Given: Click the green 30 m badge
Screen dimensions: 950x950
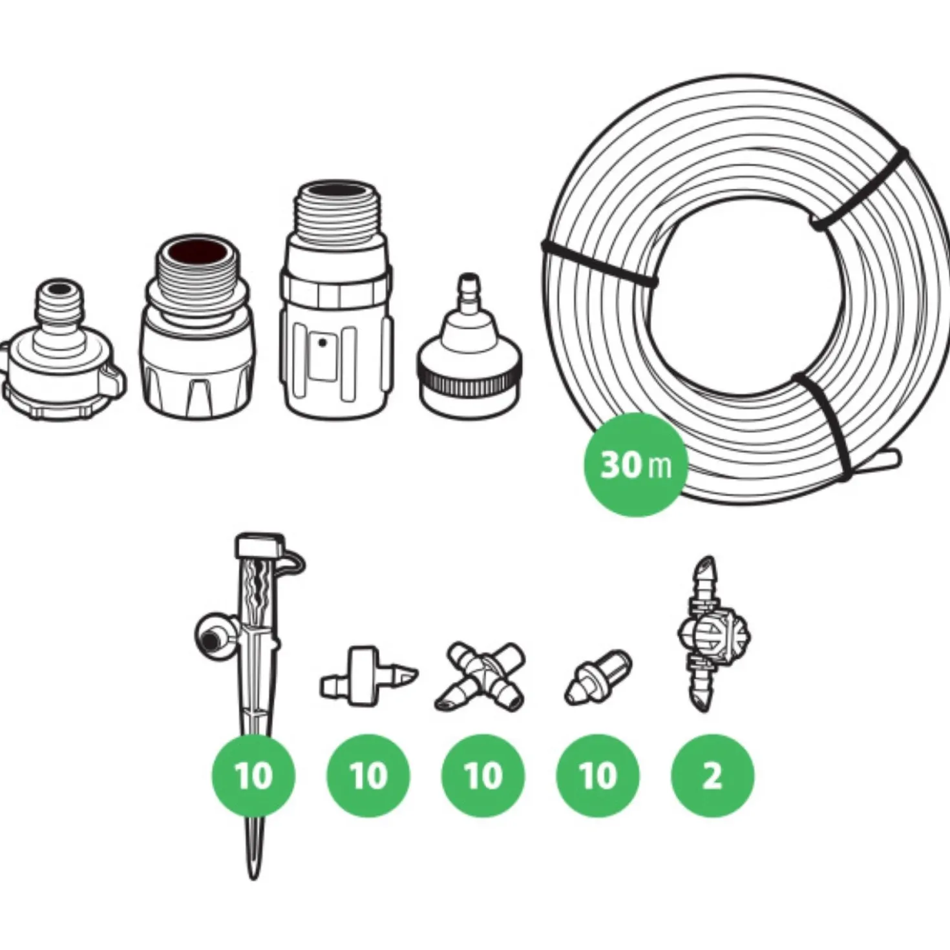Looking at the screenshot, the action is click(635, 465).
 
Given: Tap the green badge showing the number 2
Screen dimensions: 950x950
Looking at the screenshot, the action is click(712, 776).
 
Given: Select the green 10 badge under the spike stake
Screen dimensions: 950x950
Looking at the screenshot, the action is click(253, 776).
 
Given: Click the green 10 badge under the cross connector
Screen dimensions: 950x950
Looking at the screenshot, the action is click(483, 776).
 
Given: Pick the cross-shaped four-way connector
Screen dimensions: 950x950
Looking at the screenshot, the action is click(480, 676).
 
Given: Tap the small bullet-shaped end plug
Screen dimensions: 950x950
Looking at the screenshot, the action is click(598, 677).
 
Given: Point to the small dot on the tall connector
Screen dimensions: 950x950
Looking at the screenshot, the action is click(322, 342).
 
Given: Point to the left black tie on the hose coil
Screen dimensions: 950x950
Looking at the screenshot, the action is click(600, 263).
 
